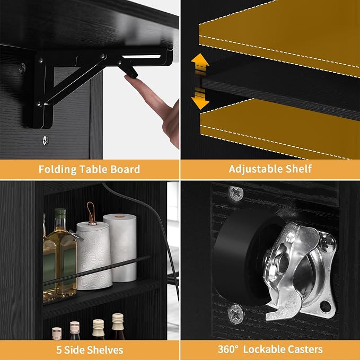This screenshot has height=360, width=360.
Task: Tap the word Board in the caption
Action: (x=125, y=169)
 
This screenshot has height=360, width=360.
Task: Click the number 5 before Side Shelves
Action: (x=59, y=350)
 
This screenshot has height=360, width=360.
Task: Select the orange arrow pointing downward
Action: (x=200, y=99)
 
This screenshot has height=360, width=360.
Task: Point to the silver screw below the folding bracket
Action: (x=46, y=141)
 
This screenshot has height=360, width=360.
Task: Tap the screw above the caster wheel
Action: (x=236, y=194)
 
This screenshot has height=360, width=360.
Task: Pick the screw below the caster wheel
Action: (x=235, y=314)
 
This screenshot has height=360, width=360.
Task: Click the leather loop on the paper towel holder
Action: (x=91, y=213)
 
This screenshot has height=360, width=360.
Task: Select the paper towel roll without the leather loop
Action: (x=120, y=248)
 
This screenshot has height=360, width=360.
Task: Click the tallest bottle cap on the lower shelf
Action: (x=118, y=318)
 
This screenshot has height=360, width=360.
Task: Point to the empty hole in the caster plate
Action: (x=325, y=306)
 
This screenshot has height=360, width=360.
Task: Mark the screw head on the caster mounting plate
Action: (x=328, y=243)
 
